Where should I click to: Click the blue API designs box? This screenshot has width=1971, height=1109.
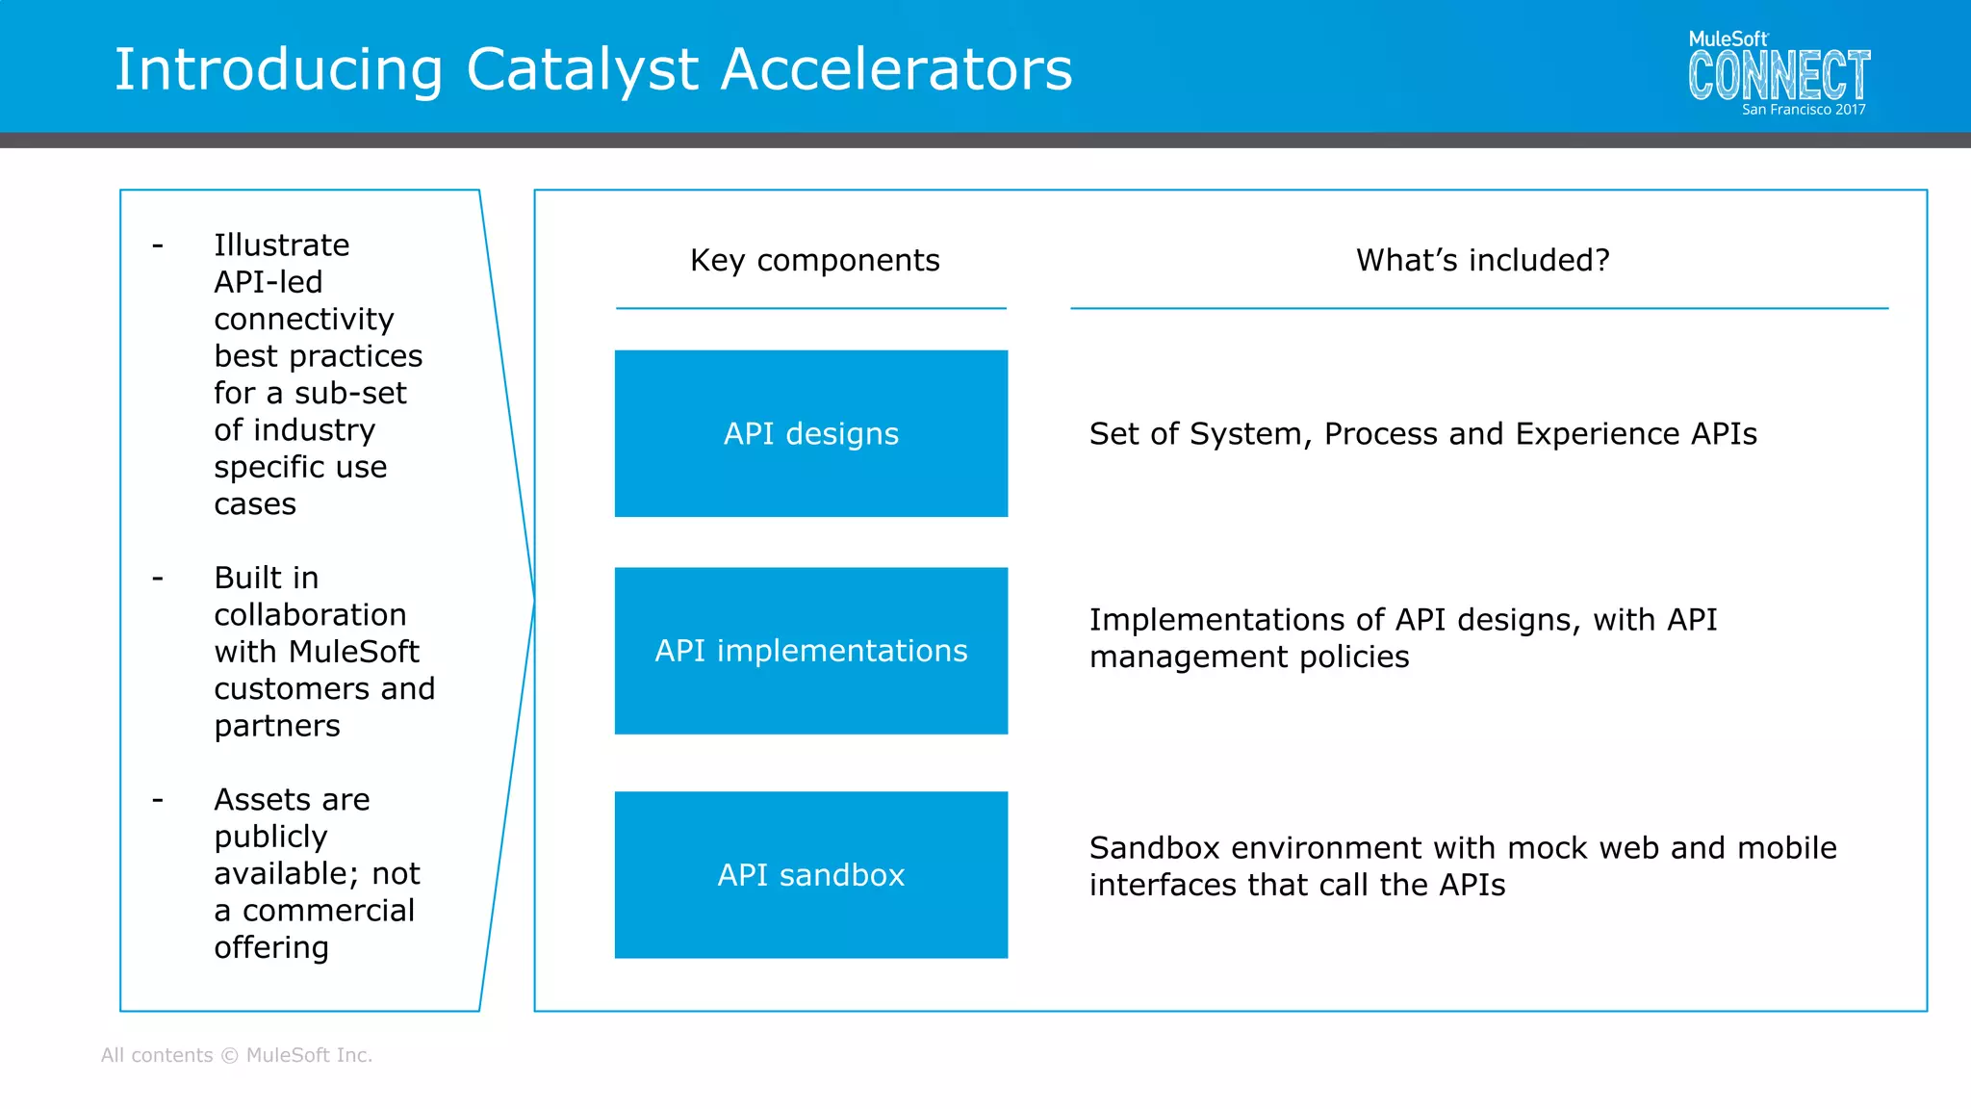(810, 433)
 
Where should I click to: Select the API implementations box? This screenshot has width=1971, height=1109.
(810, 651)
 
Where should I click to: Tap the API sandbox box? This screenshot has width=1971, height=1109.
(810, 874)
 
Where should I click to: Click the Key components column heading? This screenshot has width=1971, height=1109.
(814, 260)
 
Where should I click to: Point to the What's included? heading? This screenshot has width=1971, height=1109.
(1482, 260)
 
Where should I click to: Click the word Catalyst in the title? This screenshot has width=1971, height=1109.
(582, 70)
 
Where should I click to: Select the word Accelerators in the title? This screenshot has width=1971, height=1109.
(896, 70)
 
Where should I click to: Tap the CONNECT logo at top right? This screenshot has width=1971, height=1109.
(1779, 75)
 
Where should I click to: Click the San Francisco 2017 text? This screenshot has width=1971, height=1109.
(1803, 110)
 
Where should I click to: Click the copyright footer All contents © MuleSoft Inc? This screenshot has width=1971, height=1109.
(237, 1055)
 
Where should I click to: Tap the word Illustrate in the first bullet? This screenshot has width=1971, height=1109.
(281, 245)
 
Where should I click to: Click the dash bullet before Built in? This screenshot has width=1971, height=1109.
(158, 579)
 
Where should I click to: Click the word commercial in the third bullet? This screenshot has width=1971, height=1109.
(328, 911)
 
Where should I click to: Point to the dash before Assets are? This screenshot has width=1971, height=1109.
(158, 800)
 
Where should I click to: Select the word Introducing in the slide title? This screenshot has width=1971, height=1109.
(279, 70)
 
